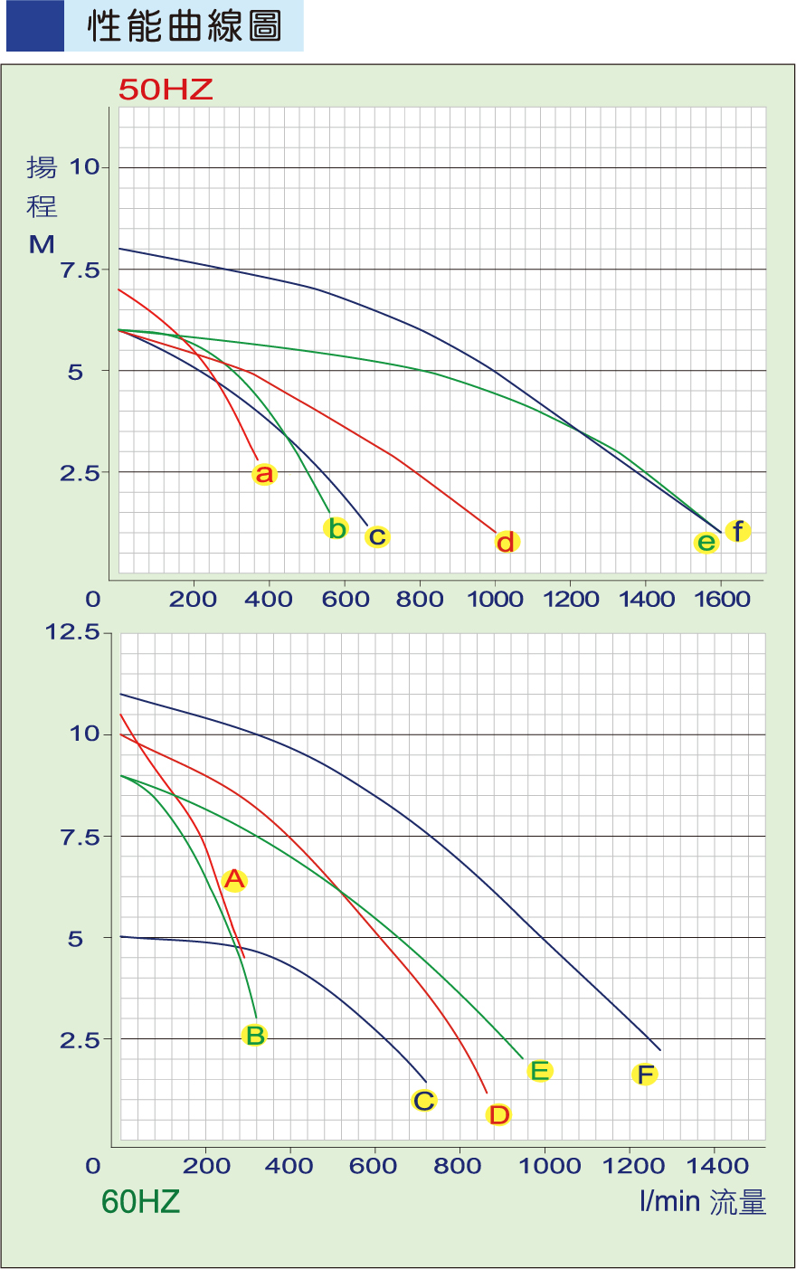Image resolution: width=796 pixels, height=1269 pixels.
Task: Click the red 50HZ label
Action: [166, 90]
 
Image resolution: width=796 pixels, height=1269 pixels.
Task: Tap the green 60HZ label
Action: [140, 1201]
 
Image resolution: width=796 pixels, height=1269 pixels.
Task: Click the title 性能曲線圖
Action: [185, 26]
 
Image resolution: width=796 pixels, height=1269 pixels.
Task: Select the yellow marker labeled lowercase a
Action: [263, 474]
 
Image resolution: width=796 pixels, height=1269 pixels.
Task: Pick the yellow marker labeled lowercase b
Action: [336, 528]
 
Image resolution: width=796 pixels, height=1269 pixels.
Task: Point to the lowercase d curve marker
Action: [507, 542]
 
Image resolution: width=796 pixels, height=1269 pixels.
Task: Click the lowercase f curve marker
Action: [738, 531]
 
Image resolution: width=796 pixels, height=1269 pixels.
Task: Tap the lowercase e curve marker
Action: [706, 543]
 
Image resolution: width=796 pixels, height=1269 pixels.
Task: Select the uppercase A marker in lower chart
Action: [234, 879]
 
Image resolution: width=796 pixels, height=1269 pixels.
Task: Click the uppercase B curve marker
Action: [255, 1036]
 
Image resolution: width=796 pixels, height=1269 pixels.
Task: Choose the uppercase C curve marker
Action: [423, 1101]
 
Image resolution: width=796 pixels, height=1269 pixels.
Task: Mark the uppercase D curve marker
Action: [498, 1114]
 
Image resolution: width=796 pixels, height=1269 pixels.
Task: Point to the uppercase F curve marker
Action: [645, 1075]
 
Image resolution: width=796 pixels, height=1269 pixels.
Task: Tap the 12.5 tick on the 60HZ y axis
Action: [73, 632]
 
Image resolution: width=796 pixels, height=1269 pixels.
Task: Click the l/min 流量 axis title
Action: [703, 1202]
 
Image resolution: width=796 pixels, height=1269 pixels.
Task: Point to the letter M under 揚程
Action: [42, 244]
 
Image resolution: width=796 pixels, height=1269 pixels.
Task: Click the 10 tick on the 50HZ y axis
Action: [84, 167]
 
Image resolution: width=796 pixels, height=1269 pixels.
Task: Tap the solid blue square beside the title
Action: [35, 26]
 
